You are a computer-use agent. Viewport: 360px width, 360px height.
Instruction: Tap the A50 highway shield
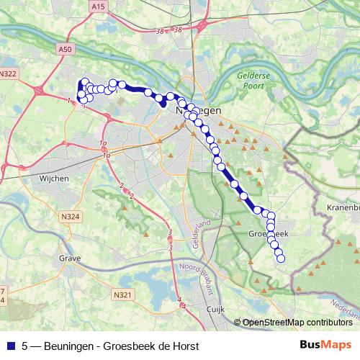[x=65, y=49]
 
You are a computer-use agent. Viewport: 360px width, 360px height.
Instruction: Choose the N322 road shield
[x=9, y=73]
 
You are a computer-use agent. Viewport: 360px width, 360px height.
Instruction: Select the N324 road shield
[x=70, y=216]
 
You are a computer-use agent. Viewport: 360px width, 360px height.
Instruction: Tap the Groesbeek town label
[x=267, y=234]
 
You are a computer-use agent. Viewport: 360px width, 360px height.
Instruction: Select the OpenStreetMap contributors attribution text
[x=297, y=322]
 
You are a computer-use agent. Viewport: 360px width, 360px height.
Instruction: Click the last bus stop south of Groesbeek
[x=281, y=258]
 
